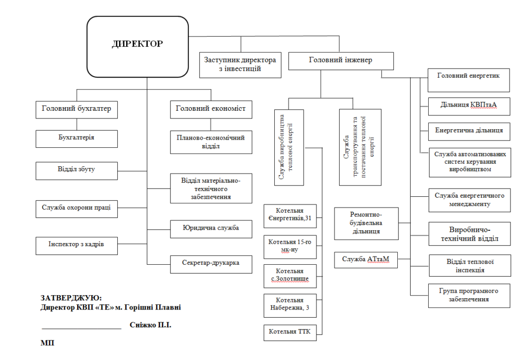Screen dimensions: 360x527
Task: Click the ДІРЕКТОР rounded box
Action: [137, 45]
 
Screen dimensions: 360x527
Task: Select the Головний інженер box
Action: [341, 60]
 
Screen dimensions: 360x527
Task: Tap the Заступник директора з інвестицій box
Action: [240, 64]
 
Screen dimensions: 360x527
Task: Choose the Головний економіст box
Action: [211, 109]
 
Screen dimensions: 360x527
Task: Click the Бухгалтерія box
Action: [77, 138]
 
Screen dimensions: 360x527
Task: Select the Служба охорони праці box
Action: [77, 208]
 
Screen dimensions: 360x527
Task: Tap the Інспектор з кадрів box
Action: [77, 245]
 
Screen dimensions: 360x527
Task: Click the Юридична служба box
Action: [211, 228]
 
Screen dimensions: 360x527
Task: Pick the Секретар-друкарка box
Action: [211, 263]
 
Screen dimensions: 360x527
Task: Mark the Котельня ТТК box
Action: [290, 332]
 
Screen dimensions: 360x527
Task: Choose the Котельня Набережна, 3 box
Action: [290, 305]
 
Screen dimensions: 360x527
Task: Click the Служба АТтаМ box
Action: [366, 259]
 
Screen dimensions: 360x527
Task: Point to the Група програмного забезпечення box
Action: [469, 295]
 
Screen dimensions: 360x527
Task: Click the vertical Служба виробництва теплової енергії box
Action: [289, 146]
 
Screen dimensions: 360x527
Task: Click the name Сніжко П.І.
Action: [150, 325]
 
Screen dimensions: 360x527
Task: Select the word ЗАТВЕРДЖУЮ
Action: [71, 298]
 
